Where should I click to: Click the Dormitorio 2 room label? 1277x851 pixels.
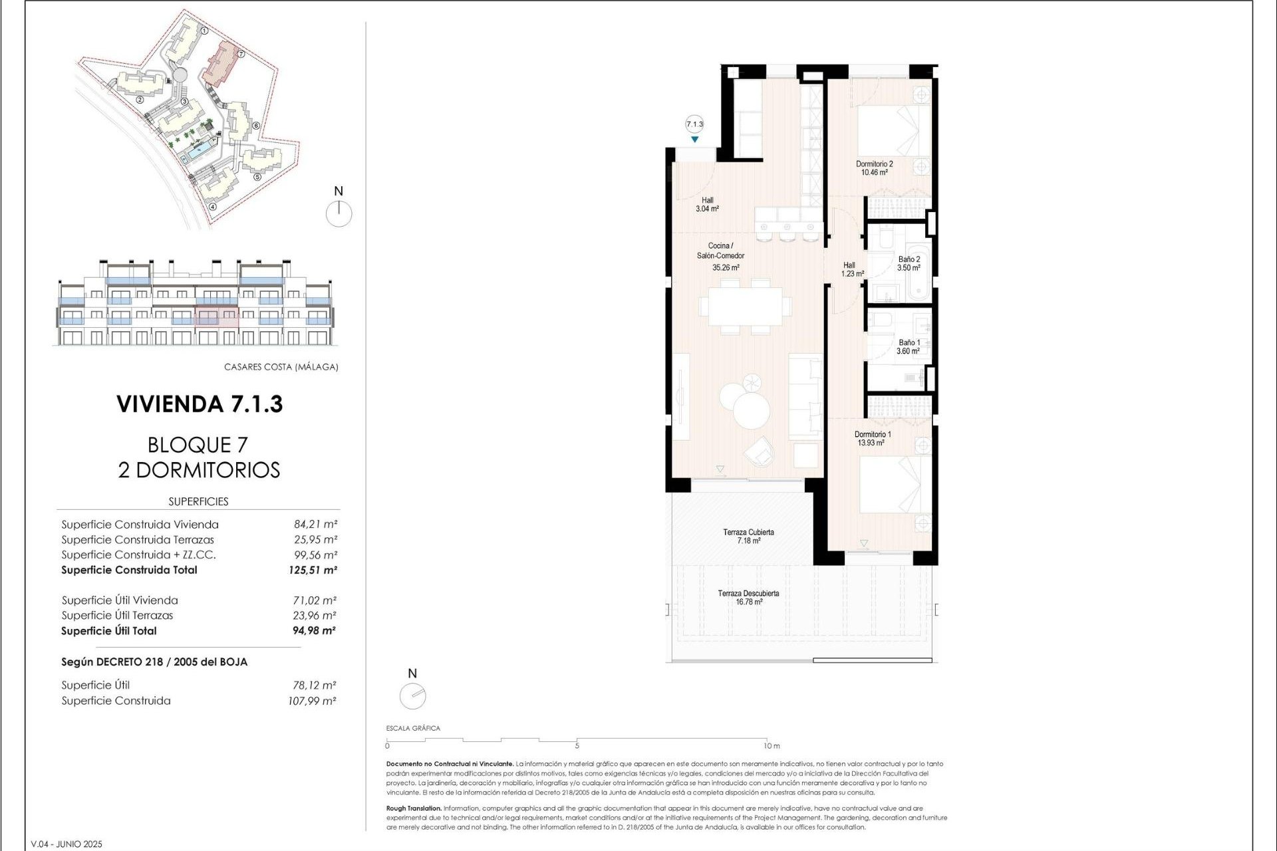click(x=874, y=164)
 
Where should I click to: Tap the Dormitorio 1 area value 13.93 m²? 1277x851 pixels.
click(x=871, y=443)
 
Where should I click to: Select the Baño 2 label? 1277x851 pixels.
click(x=909, y=260)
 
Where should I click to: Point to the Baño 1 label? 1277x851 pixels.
click(x=909, y=343)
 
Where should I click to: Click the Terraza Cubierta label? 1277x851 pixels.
click(x=748, y=533)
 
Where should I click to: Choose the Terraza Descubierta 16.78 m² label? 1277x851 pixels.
click(x=748, y=598)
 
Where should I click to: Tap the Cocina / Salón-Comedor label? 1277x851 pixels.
click(x=720, y=251)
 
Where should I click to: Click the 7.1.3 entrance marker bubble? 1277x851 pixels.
click(x=694, y=124)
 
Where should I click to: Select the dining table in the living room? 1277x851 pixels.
click(x=744, y=306)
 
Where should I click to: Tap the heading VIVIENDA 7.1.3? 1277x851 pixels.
click(x=200, y=404)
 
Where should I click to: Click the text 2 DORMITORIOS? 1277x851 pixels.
click(x=199, y=470)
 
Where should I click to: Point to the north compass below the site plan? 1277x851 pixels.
click(x=339, y=213)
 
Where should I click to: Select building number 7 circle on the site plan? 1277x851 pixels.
click(x=241, y=55)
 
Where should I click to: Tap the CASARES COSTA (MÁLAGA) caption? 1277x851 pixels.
click(x=281, y=367)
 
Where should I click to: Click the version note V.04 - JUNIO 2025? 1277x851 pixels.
click(x=67, y=844)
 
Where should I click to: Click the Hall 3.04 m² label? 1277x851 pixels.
click(x=707, y=204)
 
